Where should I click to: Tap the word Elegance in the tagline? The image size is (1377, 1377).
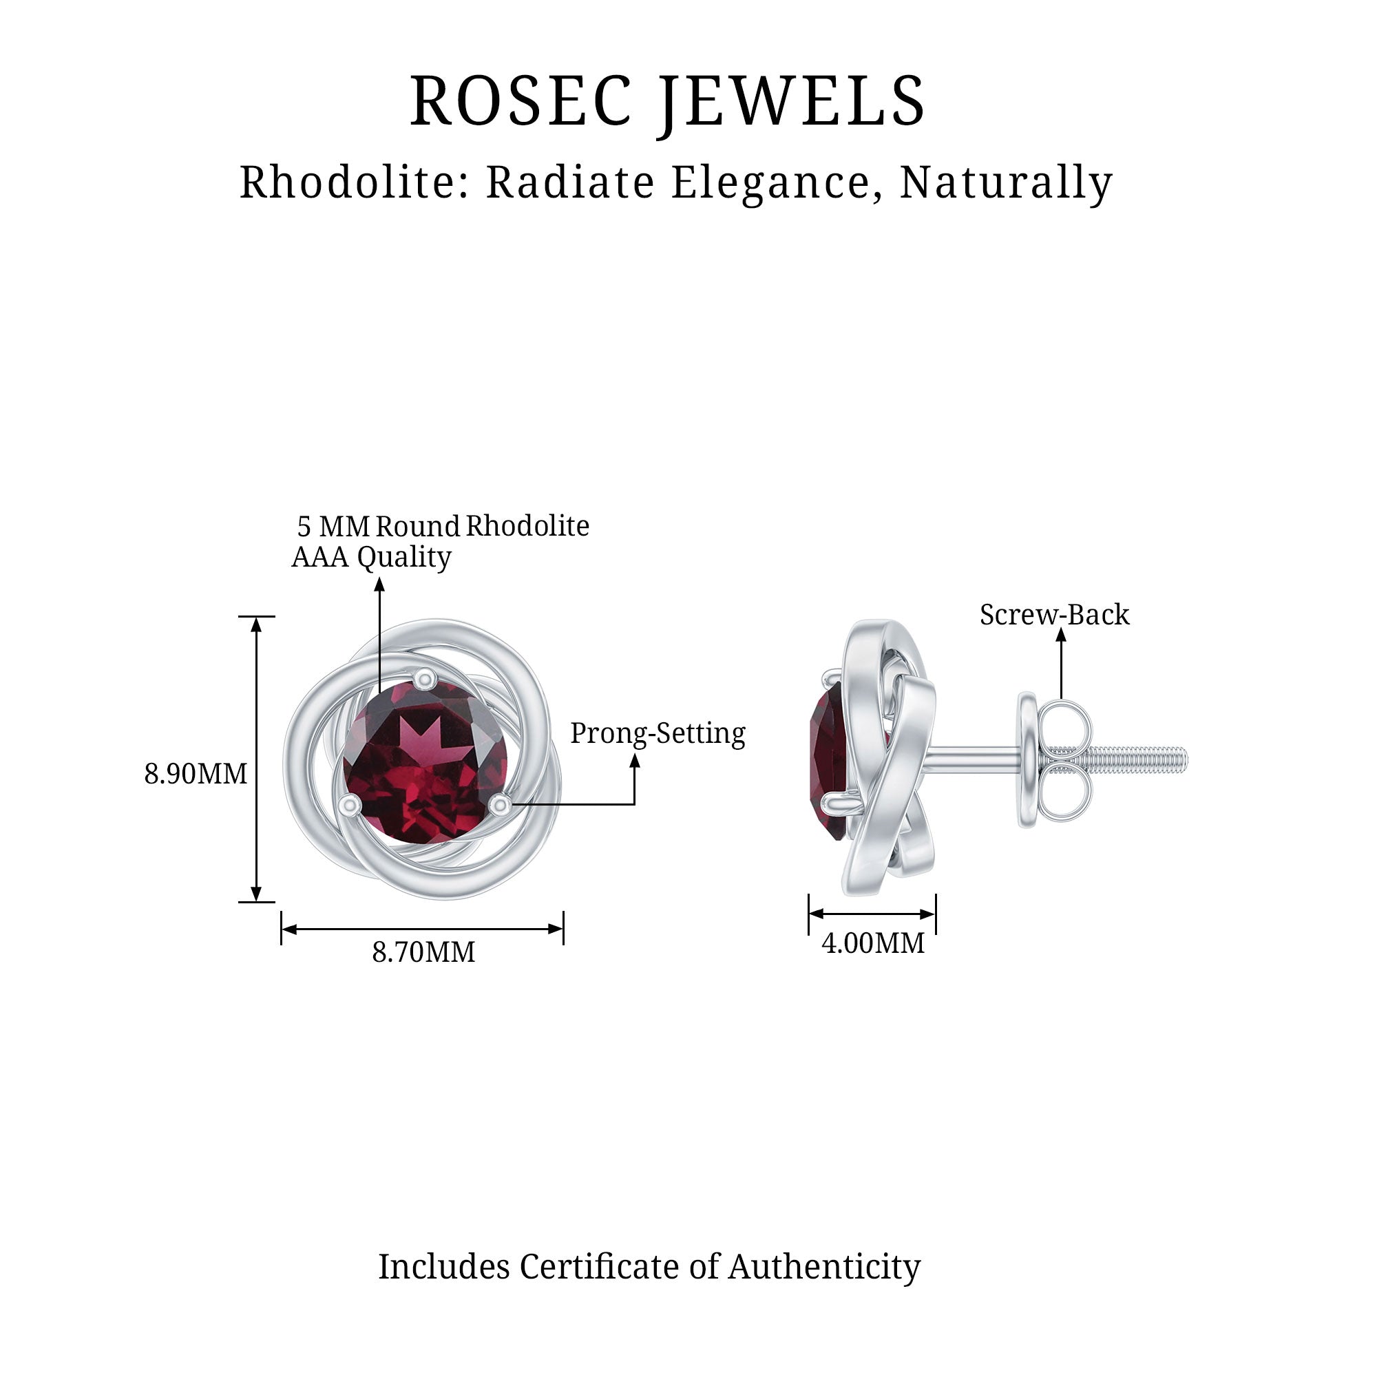tap(771, 182)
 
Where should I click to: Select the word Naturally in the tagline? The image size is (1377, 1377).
tap(1006, 182)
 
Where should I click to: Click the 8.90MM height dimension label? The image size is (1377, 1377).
tap(196, 774)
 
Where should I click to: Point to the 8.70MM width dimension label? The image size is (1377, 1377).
tap(423, 952)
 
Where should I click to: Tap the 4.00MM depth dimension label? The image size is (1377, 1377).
tap(873, 943)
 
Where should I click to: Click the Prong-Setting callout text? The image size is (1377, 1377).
tap(657, 733)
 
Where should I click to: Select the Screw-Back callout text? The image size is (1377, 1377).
tap(1054, 614)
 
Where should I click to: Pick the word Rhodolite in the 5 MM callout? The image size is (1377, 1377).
tap(527, 526)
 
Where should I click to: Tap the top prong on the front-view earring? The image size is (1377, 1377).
tap(425, 677)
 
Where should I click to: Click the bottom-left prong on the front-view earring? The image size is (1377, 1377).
tap(349, 805)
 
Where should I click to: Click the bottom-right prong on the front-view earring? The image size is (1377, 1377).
tap(501, 805)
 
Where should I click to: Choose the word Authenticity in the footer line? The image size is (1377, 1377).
tap(824, 1267)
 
